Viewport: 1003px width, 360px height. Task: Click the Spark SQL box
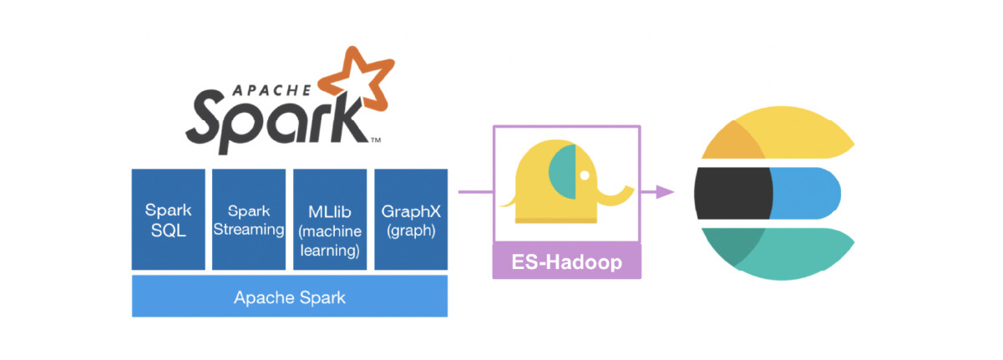tap(168, 219)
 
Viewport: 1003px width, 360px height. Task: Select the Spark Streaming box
tap(248, 219)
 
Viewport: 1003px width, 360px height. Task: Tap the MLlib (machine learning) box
tap(328, 219)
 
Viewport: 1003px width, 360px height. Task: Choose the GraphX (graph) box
tap(410, 219)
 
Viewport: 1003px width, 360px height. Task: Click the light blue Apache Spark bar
tap(289, 297)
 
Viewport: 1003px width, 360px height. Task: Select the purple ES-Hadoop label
tap(567, 262)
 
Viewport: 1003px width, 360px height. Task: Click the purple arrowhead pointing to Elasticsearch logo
tap(665, 192)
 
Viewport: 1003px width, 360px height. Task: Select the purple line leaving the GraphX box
tap(469, 192)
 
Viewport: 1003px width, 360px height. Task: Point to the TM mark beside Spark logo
tap(376, 140)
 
